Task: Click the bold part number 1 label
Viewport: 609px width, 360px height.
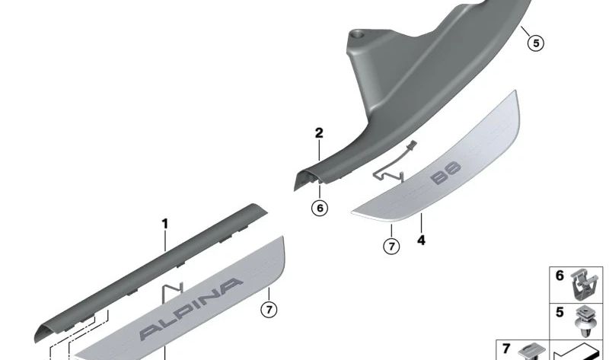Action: click(165, 224)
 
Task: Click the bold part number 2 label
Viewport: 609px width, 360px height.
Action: click(319, 133)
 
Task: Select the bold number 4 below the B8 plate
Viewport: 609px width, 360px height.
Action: click(422, 241)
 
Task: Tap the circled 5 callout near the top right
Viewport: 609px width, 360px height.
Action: click(536, 43)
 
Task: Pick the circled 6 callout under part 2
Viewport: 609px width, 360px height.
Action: click(320, 208)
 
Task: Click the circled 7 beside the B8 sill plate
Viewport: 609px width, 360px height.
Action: click(391, 246)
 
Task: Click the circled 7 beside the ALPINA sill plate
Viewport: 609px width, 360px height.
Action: click(269, 310)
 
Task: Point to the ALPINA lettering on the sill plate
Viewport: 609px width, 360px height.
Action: click(191, 309)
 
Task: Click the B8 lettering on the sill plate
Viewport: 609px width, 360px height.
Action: click(445, 173)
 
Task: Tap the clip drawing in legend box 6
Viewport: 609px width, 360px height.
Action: click(584, 285)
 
